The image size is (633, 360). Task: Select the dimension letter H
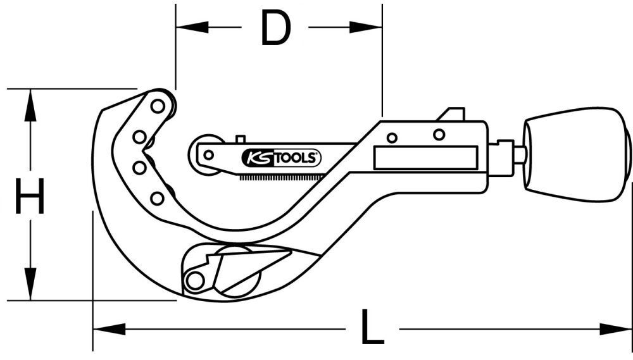coord(30,197)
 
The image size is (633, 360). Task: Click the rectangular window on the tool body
coord(425,158)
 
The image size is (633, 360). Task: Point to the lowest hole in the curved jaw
coord(157,199)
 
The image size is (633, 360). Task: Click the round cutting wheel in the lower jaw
coord(237,271)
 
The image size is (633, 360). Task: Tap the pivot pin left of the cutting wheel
coord(195,280)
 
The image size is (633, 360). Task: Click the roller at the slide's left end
coord(208,154)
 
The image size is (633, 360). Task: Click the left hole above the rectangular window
coord(392,137)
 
